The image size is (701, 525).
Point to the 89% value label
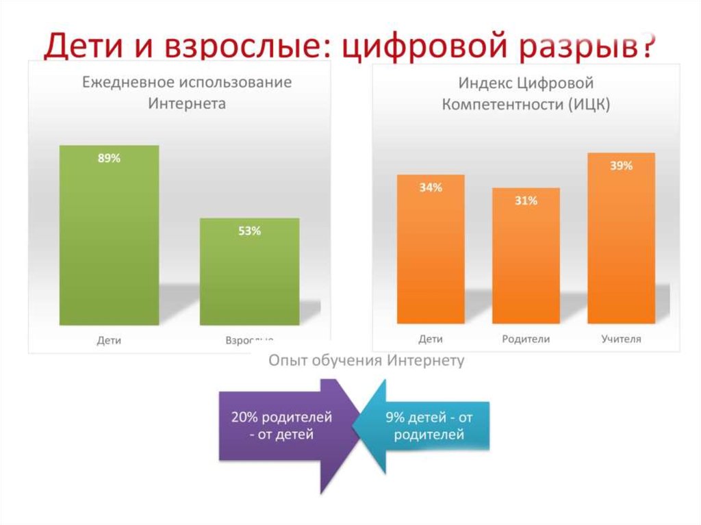pyautogui.click(x=109, y=158)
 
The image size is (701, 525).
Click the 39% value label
pyautogui.click(x=621, y=166)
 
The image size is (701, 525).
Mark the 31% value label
pyautogui.click(x=526, y=201)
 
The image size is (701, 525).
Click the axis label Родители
pyautogui.click(x=526, y=339)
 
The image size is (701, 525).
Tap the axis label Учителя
pyautogui.click(x=621, y=339)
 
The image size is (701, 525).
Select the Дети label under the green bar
pyautogui.click(x=109, y=340)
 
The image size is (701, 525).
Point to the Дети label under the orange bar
pyautogui.click(x=431, y=339)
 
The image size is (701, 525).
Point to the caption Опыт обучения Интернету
pyautogui.click(x=366, y=361)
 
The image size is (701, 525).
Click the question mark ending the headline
pyautogui.click(x=646, y=44)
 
